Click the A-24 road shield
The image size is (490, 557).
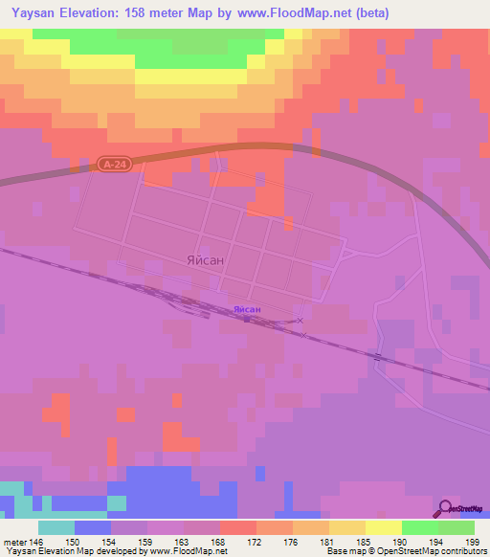(x=112, y=165)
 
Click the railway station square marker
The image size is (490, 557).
(x=246, y=320)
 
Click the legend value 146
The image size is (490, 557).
(x=38, y=542)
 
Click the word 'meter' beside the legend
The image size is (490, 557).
(x=15, y=542)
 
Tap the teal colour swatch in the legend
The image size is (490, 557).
(x=56, y=527)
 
